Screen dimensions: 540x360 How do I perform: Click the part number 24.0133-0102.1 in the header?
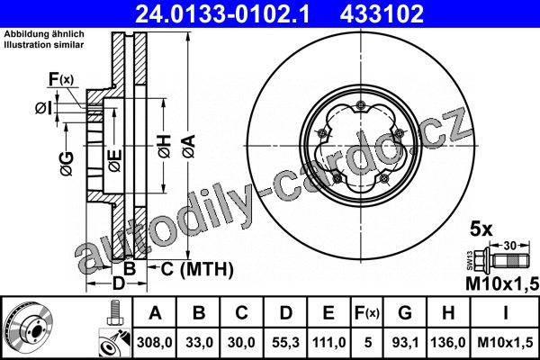pos(222,14)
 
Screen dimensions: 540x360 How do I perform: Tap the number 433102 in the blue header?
pos(382,14)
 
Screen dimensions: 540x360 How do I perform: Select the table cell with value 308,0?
pos(154,342)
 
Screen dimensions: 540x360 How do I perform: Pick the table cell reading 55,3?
pos(285,342)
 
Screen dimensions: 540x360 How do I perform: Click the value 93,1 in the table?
pos(405,342)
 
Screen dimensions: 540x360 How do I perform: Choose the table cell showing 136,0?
pos(448,342)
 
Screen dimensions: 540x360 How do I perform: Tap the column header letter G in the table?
pos(405,313)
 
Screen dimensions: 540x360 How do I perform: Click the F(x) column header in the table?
pos(367,313)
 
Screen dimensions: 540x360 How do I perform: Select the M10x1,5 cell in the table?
pos(505,342)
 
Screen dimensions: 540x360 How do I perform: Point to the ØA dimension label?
pos(189,146)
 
